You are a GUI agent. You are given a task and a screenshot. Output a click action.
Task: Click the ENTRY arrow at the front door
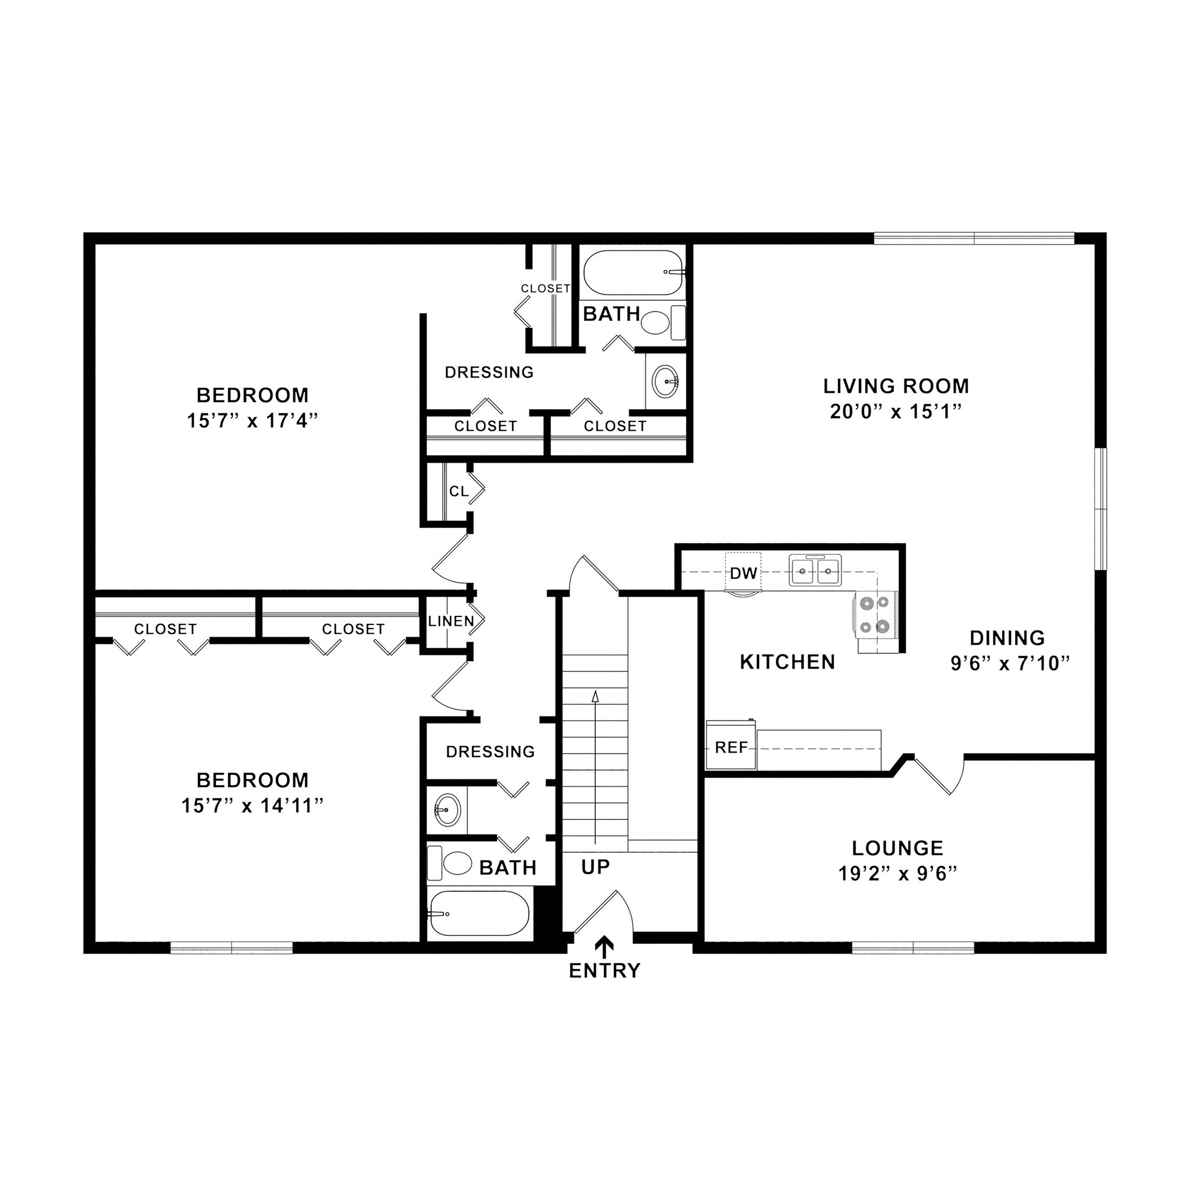[x=605, y=946]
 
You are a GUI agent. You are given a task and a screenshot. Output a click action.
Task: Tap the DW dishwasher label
[x=743, y=573]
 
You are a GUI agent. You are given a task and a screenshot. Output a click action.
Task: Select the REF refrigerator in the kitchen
[x=731, y=747]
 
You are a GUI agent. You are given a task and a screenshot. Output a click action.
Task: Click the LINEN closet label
[x=451, y=621]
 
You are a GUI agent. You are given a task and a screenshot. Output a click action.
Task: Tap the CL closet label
[x=459, y=491]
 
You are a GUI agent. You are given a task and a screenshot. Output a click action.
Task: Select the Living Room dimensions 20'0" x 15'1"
[x=896, y=411]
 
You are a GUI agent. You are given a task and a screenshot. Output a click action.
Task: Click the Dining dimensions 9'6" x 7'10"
[x=1009, y=664]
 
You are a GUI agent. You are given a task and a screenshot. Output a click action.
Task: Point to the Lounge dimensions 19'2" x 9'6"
[x=897, y=874]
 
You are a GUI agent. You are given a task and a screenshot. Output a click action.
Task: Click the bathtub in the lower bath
[x=478, y=914]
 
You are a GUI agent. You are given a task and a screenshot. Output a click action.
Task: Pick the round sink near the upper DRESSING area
[x=665, y=381]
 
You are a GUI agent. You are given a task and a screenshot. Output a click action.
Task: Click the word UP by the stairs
[x=595, y=867]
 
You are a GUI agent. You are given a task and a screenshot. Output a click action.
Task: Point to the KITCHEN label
[x=787, y=662]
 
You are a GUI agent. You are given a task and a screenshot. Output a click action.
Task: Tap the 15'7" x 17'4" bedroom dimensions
[x=253, y=421]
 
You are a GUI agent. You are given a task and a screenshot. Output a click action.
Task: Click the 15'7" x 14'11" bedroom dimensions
[x=253, y=806]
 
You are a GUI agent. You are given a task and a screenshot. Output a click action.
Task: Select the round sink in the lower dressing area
[x=446, y=808]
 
